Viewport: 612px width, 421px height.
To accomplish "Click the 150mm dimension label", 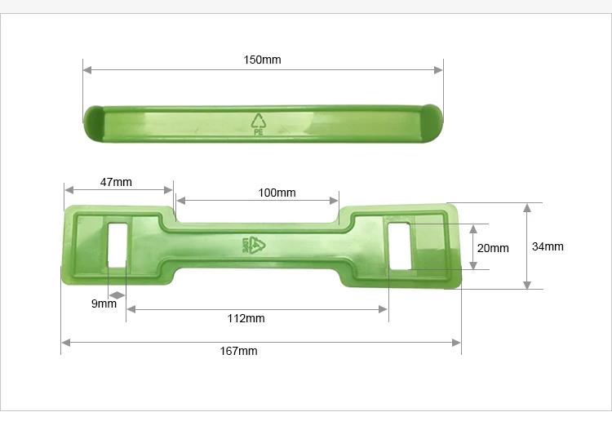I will pos(262,60).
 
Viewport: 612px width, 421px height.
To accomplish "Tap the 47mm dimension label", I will pos(116,182).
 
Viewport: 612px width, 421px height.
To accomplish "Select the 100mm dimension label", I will pos(277,193).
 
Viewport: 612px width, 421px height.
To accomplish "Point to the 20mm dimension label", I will pos(492,248).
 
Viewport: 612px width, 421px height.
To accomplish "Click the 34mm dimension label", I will pos(548,246).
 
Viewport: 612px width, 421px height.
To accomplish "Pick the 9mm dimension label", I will pos(103,304).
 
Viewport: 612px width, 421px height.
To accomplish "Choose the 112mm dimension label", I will pos(245,318).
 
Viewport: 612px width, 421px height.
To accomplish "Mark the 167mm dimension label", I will pos(238,351).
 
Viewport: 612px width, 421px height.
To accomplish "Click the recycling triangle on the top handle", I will pos(259,120).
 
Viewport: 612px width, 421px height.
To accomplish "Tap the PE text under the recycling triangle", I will pos(259,131).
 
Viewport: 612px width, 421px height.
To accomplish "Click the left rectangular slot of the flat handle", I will pos(118,242).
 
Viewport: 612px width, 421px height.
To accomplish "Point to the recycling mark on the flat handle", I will pos(254,244).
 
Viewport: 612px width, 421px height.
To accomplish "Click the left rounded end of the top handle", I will pos(91,122).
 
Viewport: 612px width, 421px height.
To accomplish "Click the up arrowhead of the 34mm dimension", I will pos(528,207).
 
